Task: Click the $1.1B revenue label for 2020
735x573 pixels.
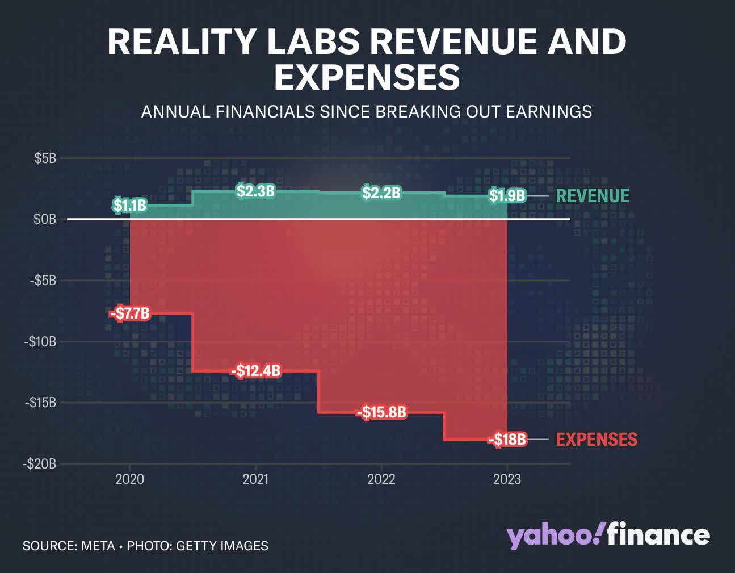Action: (x=129, y=205)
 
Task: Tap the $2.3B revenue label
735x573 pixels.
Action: (x=255, y=191)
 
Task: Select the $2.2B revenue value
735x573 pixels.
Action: (x=381, y=193)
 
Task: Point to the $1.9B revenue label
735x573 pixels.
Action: (x=507, y=196)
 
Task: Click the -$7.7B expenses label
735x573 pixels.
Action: (x=130, y=313)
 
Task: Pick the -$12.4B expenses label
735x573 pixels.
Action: (x=255, y=371)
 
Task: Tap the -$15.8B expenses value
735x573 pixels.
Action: (x=381, y=412)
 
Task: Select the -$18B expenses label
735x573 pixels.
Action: (x=507, y=440)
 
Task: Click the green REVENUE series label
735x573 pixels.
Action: (x=593, y=196)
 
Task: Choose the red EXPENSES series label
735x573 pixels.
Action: (x=597, y=440)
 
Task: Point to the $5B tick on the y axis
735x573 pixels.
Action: (x=45, y=158)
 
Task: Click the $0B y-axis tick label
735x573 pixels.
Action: (x=45, y=219)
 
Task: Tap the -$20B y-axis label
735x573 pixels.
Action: (x=40, y=463)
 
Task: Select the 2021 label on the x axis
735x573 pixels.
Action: (x=255, y=479)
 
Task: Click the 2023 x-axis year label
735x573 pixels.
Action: (x=507, y=479)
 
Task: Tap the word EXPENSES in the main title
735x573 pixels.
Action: (x=367, y=77)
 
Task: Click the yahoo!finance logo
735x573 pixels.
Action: (x=608, y=536)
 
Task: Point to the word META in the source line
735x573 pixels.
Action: (x=98, y=546)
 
